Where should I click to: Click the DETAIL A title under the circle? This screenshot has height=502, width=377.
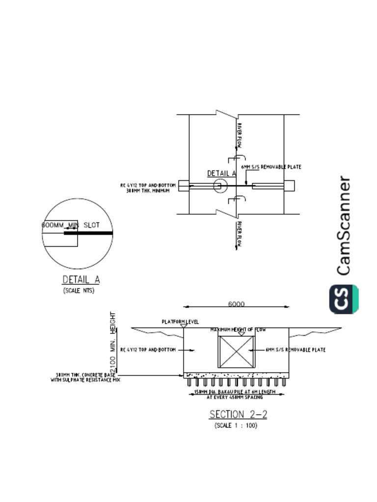tap(81, 279)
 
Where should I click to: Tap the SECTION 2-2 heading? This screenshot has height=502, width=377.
tap(239, 414)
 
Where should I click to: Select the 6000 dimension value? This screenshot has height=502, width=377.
tap(236, 304)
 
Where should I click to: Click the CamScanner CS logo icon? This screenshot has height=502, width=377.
tap(344, 299)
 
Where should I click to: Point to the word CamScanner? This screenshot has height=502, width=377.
tap(344, 226)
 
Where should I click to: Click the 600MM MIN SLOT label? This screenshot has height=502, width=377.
tap(71, 225)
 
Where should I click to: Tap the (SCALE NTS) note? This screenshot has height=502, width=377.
tap(79, 290)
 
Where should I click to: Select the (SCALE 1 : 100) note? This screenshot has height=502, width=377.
tap(236, 426)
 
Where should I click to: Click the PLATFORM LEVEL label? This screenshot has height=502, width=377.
tap(180, 322)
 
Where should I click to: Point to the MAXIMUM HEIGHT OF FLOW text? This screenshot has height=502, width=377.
tap(238, 330)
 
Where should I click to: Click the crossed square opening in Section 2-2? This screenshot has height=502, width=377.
tap(237, 351)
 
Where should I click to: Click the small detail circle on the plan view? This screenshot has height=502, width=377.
tap(220, 186)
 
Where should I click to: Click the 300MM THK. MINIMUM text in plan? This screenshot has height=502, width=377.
tap(148, 191)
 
